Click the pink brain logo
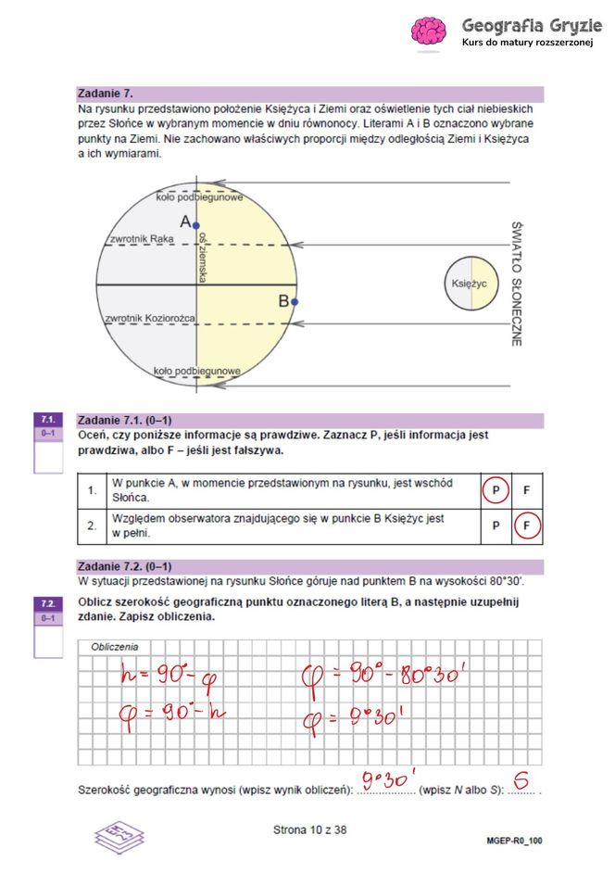pyautogui.click(x=429, y=32)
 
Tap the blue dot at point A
pyautogui.click(x=195, y=224)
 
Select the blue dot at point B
pyautogui.click(x=295, y=301)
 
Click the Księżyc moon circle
pyautogui.click(x=471, y=283)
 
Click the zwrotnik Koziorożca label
pyautogui.click(x=150, y=319)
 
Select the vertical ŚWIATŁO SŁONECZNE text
pyautogui.click(x=517, y=283)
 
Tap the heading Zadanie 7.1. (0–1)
pyautogui.click(x=125, y=419)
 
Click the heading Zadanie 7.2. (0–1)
pyautogui.click(x=125, y=565)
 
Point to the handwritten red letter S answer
pyautogui.click(x=521, y=783)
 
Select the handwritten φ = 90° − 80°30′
pyautogui.click(x=382, y=674)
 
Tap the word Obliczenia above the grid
pyautogui.click(x=114, y=646)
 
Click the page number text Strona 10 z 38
pyautogui.click(x=309, y=830)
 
